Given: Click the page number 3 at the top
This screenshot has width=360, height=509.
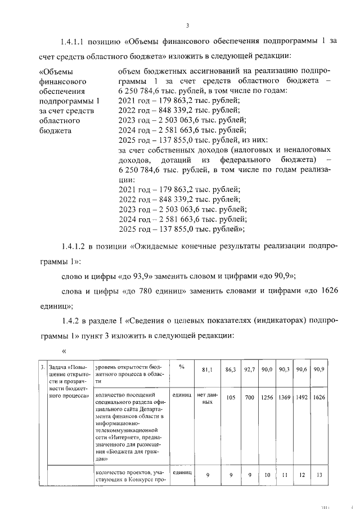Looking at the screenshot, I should (x=187, y=25).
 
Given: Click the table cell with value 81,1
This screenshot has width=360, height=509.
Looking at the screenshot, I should (x=206, y=369).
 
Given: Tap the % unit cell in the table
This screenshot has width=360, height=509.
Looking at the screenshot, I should (x=182, y=366).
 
